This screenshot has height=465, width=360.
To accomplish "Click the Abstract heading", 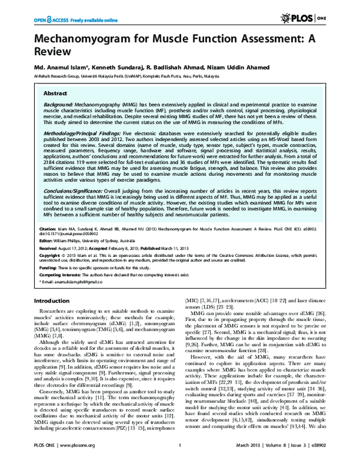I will pos(56,94).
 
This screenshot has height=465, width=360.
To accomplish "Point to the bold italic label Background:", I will pos(61,104).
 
